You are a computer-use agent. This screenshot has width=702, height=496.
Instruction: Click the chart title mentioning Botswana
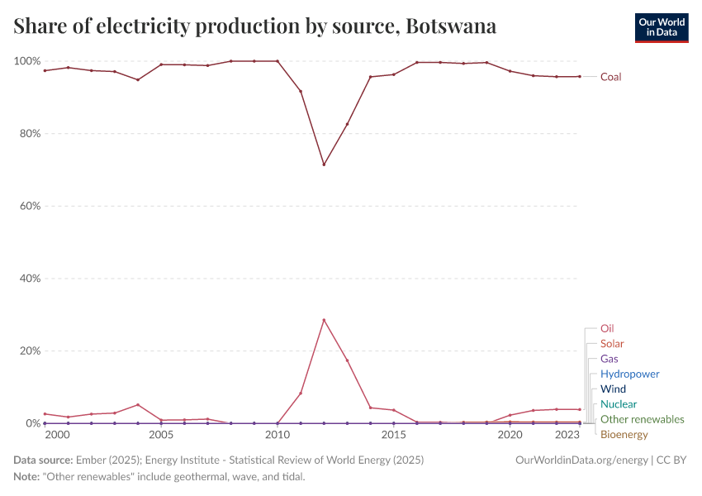255,26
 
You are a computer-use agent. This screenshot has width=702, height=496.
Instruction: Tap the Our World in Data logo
661,27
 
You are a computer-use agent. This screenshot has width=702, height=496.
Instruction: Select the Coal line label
610,77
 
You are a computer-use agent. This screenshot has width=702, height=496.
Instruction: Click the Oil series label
607,328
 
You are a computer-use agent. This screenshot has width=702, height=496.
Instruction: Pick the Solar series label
612,344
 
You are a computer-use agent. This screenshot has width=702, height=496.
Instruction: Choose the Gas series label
609,359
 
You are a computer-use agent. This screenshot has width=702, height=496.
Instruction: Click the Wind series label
613,389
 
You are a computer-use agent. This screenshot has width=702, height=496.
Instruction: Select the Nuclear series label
619,404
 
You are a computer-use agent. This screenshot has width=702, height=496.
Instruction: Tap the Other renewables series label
642,419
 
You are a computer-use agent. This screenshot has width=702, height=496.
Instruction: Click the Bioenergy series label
624,435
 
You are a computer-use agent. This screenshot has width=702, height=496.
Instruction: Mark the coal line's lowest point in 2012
324,165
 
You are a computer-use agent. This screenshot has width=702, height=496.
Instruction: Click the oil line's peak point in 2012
324,320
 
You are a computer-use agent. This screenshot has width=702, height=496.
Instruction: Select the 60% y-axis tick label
30,206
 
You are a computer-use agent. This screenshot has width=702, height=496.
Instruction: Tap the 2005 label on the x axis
161,435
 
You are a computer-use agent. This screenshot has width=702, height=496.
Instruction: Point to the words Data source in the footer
43,460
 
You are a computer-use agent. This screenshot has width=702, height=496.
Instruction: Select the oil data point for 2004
138,405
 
